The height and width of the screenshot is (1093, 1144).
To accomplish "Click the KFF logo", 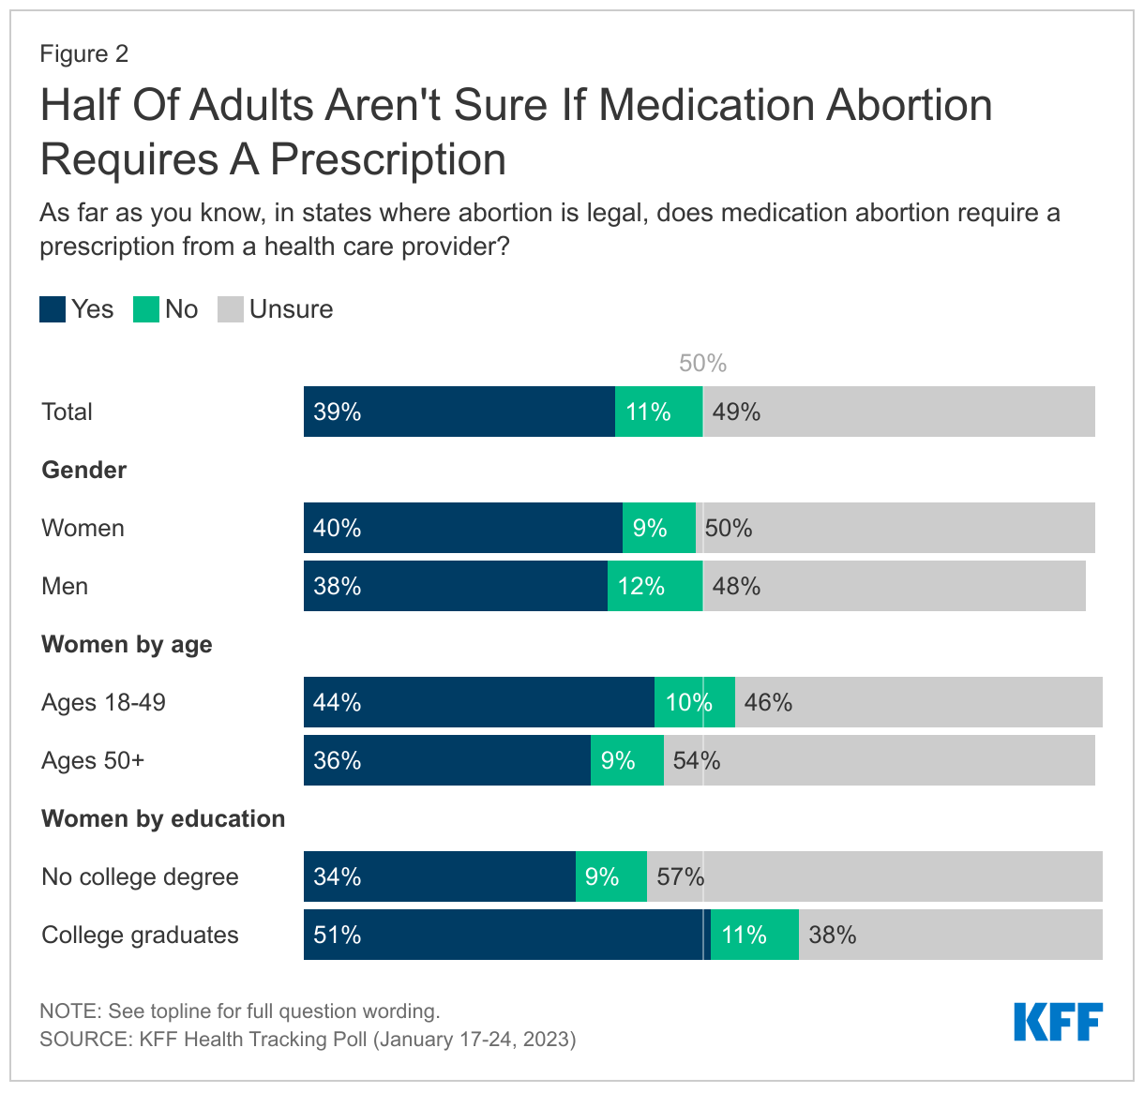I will (1058, 1021).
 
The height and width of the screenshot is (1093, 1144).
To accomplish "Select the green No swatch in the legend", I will (146, 309).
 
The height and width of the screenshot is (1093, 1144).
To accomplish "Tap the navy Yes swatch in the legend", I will (53, 309).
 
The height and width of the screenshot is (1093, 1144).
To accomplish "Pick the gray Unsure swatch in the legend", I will (231, 309).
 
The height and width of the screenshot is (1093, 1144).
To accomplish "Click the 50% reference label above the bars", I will (702, 364).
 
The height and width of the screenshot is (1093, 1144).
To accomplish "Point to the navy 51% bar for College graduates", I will (506, 935).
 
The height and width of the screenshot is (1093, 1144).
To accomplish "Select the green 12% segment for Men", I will (655, 586).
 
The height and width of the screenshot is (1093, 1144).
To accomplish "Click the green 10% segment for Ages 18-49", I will (694, 702).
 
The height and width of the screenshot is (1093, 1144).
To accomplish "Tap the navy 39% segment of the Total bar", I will (459, 412).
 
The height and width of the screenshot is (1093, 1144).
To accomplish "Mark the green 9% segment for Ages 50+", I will (626, 760).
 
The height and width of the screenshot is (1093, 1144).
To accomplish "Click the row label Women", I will (83, 528).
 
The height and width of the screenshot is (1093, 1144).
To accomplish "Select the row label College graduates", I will (140, 935).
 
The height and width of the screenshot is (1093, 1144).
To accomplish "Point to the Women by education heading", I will (163, 818).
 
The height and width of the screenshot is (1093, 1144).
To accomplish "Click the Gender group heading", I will (83, 470).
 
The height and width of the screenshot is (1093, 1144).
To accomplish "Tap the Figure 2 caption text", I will (83, 53).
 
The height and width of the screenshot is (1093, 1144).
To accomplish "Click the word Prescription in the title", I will (388, 159).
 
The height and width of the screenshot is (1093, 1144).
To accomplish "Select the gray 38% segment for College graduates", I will (950, 935).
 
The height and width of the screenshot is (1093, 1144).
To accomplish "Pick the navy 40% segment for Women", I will (462, 528).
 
